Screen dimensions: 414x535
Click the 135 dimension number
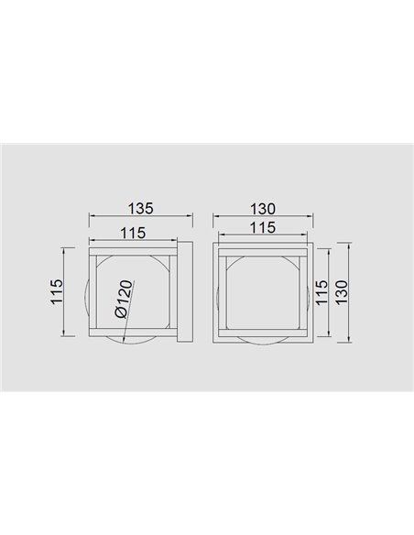tap(141, 208)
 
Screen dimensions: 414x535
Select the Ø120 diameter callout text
tap(124, 300)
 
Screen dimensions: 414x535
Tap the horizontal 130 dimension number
tap(262, 209)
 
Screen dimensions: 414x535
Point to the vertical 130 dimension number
tap(341, 292)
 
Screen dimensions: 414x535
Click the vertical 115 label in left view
tap(57, 291)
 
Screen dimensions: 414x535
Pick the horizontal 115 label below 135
tap(133, 233)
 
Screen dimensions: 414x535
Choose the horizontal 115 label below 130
tap(262, 227)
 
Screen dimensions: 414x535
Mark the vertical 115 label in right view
tap(321, 292)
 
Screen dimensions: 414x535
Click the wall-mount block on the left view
tap(185, 291)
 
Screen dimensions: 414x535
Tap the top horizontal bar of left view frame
tap(133, 251)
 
